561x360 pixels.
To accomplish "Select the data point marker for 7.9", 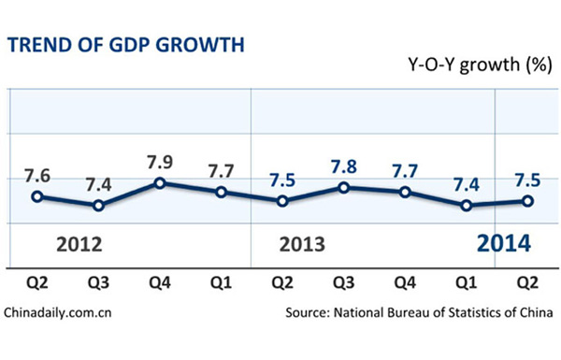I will point(160,182).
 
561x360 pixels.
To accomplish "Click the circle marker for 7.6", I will point(36,196).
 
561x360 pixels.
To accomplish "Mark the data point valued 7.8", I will point(344,187).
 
